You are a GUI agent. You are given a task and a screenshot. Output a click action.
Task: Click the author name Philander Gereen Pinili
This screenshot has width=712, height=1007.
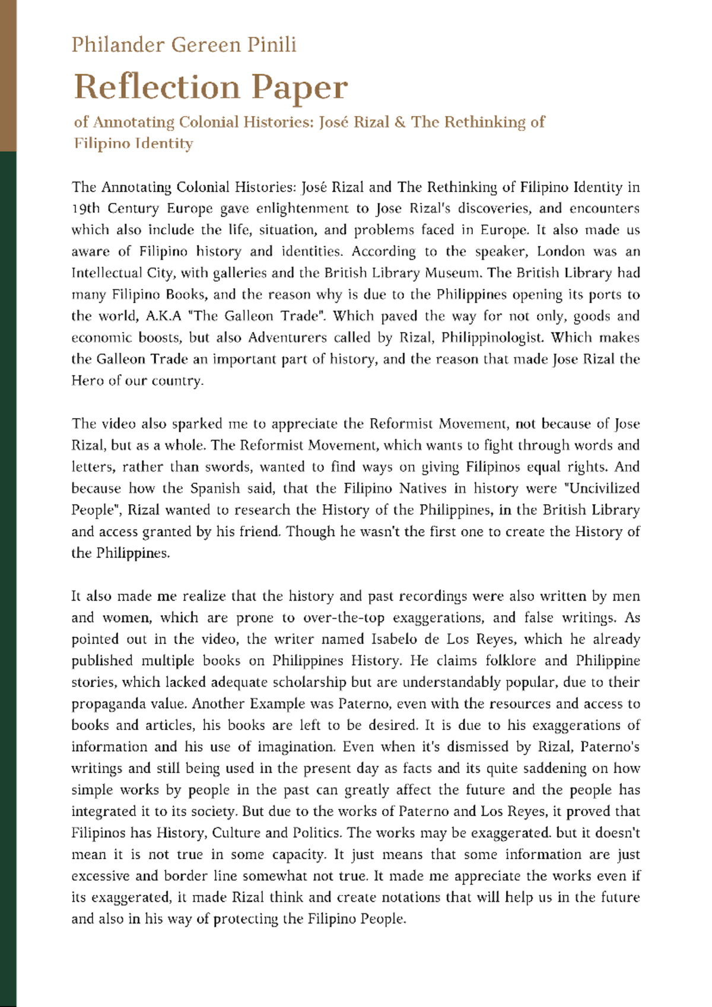pos(184,45)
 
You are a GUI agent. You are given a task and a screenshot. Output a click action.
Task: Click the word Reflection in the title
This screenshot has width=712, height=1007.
pos(155,87)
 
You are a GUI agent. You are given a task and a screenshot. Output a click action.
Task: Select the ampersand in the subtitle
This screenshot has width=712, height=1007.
pos(400,122)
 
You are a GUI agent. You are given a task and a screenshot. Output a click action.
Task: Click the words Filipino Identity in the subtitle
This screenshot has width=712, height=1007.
pos(133,144)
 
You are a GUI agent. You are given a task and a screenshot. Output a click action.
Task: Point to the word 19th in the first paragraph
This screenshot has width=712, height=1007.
pos(85,209)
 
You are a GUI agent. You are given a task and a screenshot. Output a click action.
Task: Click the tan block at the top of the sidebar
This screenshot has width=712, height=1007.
pos(8,75)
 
